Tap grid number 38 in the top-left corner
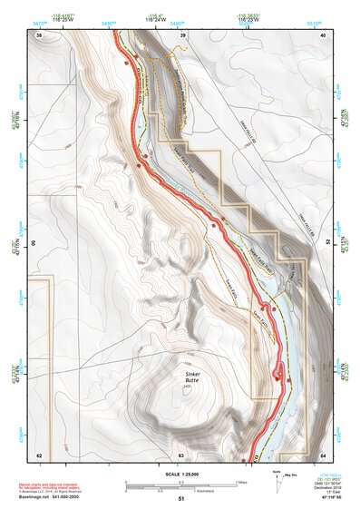39,34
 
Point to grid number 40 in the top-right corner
324,34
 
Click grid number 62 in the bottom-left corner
39,455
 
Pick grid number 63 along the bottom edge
181,455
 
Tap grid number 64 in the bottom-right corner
324,455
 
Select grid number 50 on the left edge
34,243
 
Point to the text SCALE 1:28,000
180,474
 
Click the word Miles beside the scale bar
242,481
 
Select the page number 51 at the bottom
181,500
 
